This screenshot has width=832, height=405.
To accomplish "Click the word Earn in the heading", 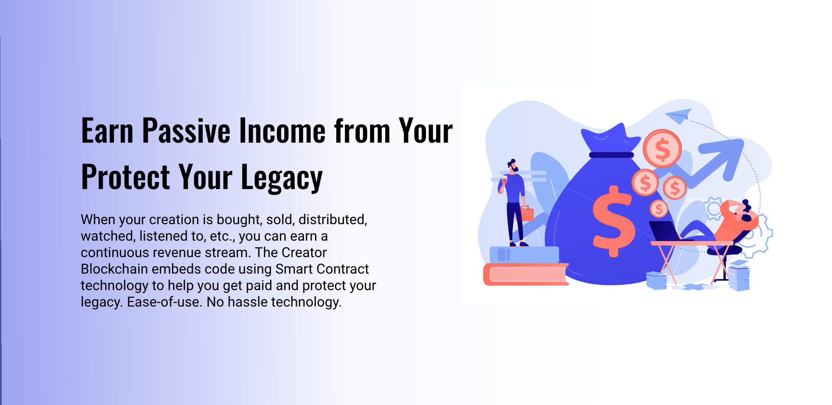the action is coord(107,131).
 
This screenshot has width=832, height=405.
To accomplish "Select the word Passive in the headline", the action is coord(186,131).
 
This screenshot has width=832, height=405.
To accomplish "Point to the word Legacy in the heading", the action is coord(282,178).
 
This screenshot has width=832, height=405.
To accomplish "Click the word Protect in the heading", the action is coord(126,177).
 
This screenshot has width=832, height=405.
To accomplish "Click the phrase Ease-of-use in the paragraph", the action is coord(165,302).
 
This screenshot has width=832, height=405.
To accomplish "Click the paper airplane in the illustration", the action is coord(678,115).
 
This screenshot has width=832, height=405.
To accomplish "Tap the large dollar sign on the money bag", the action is coord(613,221).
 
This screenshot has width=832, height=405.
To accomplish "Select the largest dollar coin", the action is coord(662,149).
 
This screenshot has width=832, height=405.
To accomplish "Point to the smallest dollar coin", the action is coord(659,209).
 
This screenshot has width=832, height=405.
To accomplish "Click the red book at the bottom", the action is coord(526,274).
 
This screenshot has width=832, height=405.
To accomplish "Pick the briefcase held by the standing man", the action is coord(527,214).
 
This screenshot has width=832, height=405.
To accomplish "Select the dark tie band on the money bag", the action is coord(611,155).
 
